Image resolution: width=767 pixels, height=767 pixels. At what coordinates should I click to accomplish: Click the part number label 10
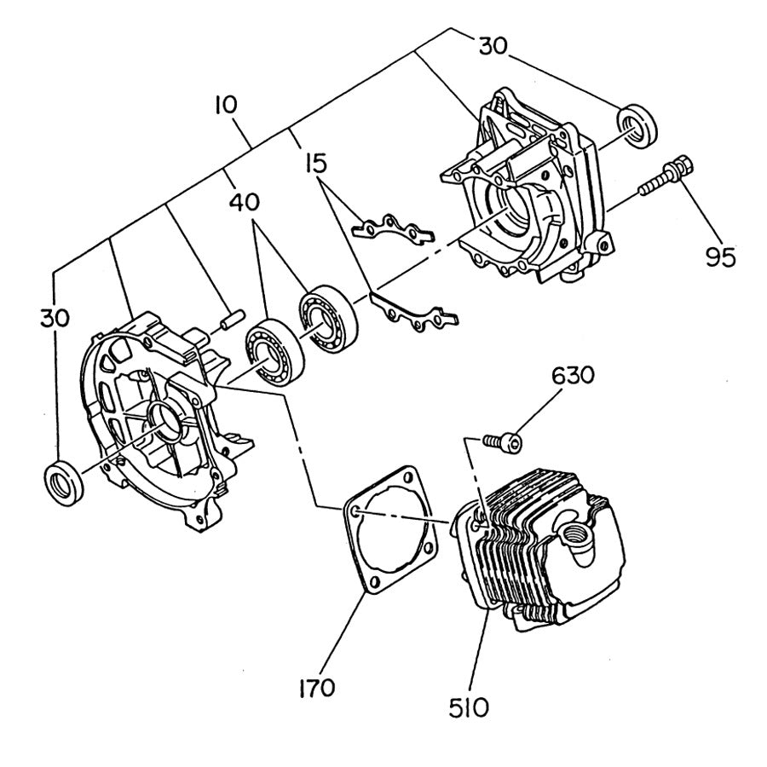(x=226, y=106)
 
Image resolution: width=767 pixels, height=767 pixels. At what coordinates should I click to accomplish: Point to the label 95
(x=721, y=256)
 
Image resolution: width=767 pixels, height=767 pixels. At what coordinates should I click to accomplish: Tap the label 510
(x=469, y=706)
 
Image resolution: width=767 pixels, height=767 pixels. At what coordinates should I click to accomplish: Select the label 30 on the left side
(x=55, y=317)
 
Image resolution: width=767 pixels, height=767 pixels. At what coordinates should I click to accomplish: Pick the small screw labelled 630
(x=502, y=441)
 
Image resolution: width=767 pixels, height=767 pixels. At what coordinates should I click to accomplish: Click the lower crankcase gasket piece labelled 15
(x=416, y=312)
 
